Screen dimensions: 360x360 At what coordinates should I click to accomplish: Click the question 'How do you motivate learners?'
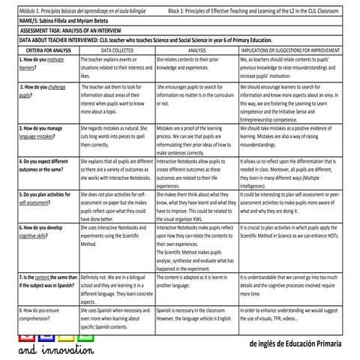pyautogui.click(x=41, y=61)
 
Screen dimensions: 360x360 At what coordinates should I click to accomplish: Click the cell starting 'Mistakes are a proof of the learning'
pyautogui.click(x=196, y=133)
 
